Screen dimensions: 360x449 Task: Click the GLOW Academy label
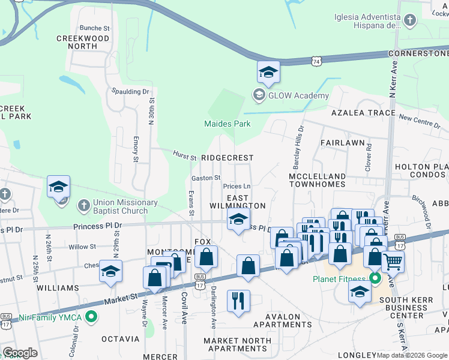[298, 95]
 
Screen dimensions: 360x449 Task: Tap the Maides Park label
[227, 124]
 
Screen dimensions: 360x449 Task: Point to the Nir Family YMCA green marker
[91, 316]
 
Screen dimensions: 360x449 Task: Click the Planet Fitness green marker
[375, 279]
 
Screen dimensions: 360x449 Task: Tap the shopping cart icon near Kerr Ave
[393, 261]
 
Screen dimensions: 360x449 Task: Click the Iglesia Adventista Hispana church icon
[410, 21]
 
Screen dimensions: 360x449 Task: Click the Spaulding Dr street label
[130, 91]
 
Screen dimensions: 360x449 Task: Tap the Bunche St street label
[95, 28]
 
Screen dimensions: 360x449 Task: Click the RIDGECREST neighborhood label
[227, 157]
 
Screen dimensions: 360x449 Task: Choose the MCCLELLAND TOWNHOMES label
[317, 181]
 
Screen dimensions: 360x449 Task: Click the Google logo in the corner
[20, 352]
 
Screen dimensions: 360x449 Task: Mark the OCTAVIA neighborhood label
[120, 339]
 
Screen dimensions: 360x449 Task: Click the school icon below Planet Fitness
[360, 292]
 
